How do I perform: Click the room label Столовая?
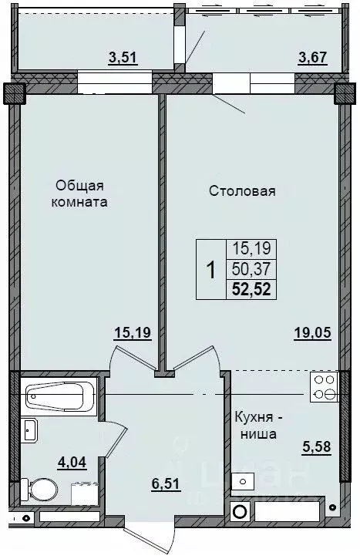242,190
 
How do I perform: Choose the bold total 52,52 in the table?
251,289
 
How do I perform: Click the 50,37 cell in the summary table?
251,269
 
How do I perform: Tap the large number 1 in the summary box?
210,270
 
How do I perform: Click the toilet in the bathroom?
39,488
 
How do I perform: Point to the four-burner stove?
324,387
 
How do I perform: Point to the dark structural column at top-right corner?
344,93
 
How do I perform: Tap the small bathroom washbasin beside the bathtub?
29,430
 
